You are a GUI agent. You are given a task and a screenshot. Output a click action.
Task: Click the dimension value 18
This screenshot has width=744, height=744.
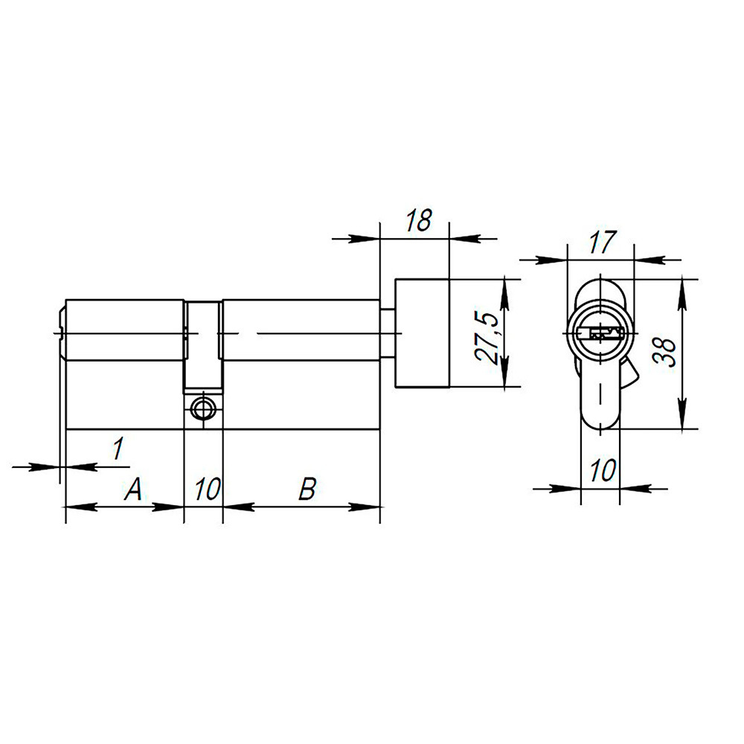(x=419, y=221)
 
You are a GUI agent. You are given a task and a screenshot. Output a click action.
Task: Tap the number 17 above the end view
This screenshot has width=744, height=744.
(x=602, y=242)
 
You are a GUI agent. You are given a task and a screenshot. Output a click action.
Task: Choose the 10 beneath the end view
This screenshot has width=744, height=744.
(x=602, y=470)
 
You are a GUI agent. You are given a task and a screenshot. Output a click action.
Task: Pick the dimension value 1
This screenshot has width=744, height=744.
(x=117, y=449)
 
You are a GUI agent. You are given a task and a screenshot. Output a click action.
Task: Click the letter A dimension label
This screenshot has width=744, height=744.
(x=132, y=489)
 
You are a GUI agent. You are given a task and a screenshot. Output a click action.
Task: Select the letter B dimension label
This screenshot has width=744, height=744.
(x=307, y=489)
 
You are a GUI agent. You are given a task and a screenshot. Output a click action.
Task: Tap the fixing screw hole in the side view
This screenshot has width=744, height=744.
(x=202, y=408)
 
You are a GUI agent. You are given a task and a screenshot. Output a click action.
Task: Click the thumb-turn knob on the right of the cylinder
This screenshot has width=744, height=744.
(x=422, y=333)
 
